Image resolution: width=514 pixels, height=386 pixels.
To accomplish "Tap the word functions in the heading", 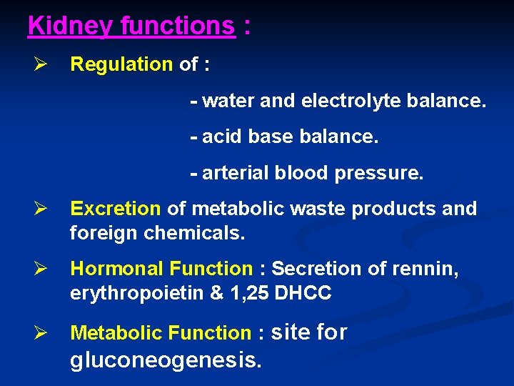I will click(x=177, y=26).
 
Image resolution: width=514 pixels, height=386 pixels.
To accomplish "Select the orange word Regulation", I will click(x=121, y=64).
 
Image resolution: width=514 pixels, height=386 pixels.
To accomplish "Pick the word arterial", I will click(x=236, y=173).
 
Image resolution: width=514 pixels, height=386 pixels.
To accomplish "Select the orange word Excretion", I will click(x=116, y=209).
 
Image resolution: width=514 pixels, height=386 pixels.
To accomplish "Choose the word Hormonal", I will click(x=116, y=269).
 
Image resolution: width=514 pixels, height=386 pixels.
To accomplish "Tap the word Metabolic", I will click(x=116, y=333).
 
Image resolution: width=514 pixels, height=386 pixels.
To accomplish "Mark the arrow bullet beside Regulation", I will click(x=39, y=64).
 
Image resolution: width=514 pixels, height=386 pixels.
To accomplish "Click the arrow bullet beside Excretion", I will click(x=39, y=209).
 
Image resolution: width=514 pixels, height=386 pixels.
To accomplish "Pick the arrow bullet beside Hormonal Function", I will click(x=39, y=269).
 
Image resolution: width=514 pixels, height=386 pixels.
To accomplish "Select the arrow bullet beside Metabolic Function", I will click(x=39, y=333).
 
